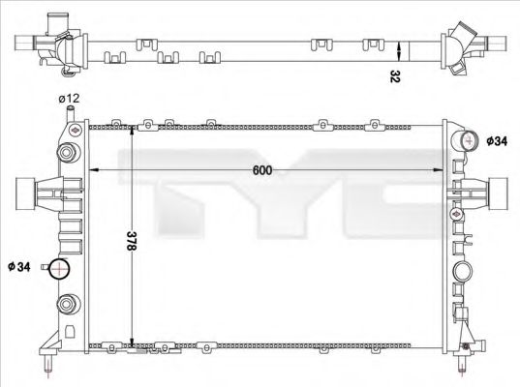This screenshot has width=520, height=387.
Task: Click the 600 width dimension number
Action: click(x=262, y=170)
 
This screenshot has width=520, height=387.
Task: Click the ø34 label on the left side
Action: click(x=19, y=265)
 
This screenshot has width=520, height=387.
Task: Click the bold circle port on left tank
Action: click(x=61, y=270)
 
